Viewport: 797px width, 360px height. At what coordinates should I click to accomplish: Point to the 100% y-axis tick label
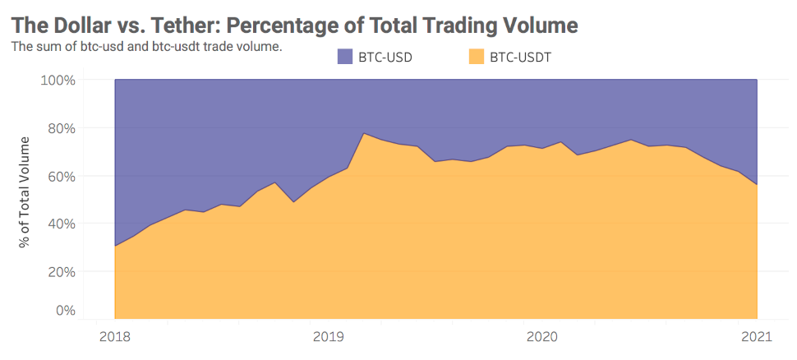[58, 81]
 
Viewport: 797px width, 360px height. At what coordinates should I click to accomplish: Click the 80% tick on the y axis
[61, 128]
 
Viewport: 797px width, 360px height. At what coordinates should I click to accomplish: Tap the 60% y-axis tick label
[61, 176]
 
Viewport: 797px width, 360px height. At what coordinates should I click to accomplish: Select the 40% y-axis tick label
[61, 224]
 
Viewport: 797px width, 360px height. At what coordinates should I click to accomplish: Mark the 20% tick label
[61, 271]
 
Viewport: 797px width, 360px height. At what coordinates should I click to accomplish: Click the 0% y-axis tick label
[64, 311]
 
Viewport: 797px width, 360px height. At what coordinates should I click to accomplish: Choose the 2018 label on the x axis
[114, 336]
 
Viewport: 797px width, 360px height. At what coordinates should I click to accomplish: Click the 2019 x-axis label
[329, 336]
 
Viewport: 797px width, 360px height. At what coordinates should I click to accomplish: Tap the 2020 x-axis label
[542, 336]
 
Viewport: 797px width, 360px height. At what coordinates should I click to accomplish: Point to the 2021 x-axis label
[756, 336]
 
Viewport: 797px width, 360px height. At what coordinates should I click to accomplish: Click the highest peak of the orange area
[364, 133]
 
